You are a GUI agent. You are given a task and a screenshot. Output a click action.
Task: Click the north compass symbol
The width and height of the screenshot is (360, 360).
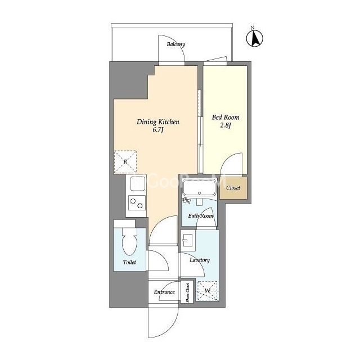(255, 38)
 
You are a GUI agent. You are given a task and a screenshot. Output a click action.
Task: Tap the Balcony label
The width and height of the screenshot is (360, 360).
(176, 44)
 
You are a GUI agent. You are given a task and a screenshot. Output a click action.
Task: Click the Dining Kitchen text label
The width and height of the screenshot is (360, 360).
(158, 121)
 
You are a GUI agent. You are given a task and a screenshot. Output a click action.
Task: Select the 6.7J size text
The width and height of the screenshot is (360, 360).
(158, 130)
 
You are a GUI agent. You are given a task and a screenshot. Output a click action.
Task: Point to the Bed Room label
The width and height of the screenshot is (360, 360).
(226, 118)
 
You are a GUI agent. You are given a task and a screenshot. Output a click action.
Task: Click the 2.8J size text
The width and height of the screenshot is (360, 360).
(226, 125)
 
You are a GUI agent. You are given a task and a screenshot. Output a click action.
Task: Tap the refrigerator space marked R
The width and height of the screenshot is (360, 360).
(125, 162)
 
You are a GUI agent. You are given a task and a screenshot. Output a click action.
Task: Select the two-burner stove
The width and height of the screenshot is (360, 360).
(137, 202)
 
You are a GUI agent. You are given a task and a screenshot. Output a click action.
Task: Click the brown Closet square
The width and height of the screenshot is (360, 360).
(233, 188)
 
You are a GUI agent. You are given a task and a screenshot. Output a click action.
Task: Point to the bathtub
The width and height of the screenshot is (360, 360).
(199, 187)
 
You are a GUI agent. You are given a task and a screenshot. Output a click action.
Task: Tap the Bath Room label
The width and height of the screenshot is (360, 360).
(201, 216)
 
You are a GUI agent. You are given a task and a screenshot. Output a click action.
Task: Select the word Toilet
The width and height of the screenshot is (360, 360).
(129, 262)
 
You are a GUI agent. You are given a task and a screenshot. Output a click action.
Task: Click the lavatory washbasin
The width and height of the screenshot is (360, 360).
(188, 240)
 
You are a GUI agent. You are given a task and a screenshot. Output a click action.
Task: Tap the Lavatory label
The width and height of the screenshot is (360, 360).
(200, 260)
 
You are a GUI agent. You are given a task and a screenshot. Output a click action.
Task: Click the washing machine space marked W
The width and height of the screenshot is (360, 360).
(208, 291)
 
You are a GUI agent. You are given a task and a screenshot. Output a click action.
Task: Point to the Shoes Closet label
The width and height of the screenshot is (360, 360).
(187, 292)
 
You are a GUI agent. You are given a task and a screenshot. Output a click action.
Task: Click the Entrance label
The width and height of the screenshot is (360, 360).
(164, 292)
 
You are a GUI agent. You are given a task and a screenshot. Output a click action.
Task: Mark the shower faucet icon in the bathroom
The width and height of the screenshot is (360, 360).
(186, 200)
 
